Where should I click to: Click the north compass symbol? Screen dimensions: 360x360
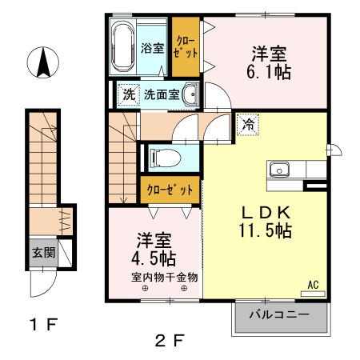pyautogui.click(x=42, y=65)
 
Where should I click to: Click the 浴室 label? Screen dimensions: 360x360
pyautogui.click(x=154, y=48)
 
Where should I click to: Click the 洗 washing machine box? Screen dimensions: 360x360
pyautogui.click(x=129, y=95)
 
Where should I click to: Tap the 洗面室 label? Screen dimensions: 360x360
pyautogui.click(x=162, y=95)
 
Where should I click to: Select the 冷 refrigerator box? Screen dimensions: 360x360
pyautogui.click(x=247, y=125)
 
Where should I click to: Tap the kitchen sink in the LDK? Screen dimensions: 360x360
pyautogui.click(x=279, y=169)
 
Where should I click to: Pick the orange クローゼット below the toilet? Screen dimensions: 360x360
pyautogui.click(x=170, y=190)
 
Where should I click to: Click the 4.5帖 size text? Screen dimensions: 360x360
pyautogui.click(x=154, y=258)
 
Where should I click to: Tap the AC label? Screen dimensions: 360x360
pyautogui.click(x=314, y=283)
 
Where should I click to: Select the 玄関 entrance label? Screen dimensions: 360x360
pyautogui.click(x=43, y=253)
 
